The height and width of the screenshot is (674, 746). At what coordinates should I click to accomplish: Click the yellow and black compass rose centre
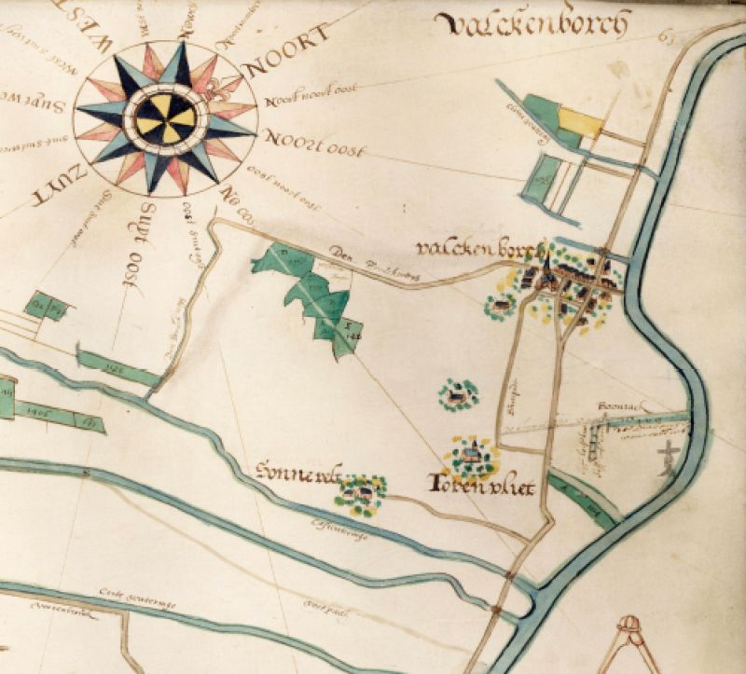(x=165, y=118)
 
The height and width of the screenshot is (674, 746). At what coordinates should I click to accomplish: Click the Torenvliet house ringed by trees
(x=472, y=455)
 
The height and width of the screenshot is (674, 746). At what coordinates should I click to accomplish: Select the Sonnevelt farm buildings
(x=361, y=489)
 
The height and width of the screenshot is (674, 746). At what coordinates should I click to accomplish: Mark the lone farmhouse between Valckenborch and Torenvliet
(x=458, y=396)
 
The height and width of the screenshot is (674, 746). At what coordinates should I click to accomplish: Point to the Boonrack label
(x=616, y=408)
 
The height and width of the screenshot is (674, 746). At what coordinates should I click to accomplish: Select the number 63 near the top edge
(x=665, y=38)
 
